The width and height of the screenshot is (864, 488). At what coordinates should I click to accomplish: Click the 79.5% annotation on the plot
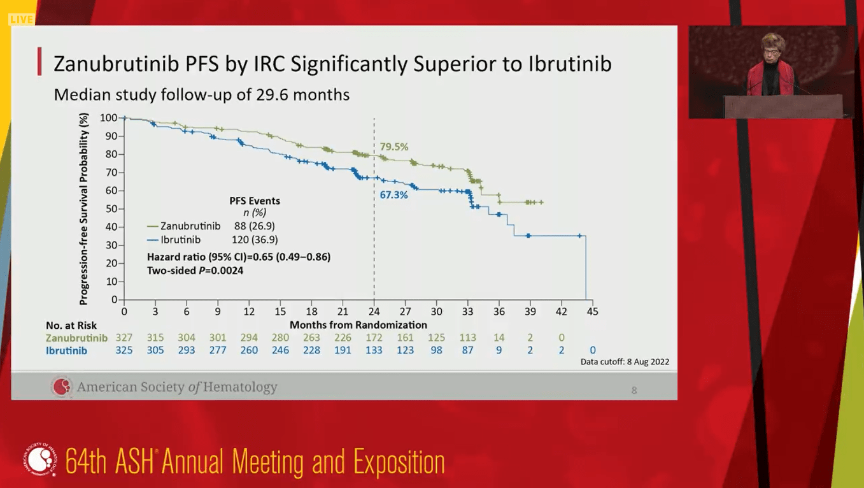[x=394, y=147]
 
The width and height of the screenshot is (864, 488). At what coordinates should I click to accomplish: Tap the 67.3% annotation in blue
[x=393, y=195]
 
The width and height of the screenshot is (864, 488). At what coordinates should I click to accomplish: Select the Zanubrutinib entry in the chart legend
[x=190, y=226]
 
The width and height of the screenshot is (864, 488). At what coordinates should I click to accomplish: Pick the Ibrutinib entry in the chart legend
[x=180, y=240]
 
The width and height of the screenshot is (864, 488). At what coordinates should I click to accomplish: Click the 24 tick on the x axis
[x=374, y=312]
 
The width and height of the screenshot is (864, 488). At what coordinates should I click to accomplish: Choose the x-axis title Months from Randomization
[x=358, y=325]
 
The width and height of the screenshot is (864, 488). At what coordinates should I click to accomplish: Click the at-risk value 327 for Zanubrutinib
[x=124, y=338]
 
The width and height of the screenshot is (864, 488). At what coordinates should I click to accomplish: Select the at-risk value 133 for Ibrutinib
[x=374, y=350]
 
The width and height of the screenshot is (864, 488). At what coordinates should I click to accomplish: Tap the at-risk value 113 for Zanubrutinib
[x=467, y=338]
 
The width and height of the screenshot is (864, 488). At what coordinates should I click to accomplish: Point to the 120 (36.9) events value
[x=255, y=240]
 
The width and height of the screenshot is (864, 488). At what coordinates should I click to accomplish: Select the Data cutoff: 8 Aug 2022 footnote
[x=625, y=362]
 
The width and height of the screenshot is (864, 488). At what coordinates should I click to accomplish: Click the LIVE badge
[x=21, y=19]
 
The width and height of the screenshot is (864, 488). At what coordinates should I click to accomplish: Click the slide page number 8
[x=634, y=390]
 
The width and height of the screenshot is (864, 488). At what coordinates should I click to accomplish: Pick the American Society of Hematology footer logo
[x=62, y=387]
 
